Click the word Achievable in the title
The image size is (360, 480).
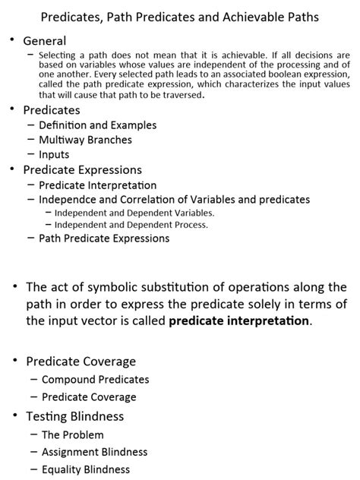(254, 15)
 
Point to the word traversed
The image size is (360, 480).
(180, 96)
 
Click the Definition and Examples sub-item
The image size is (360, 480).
(97, 125)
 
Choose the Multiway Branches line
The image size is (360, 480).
(85, 140)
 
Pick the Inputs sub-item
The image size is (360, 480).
(54, 155)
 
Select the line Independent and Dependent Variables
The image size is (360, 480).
(134, 213)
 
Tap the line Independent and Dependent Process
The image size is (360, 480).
(131, 225)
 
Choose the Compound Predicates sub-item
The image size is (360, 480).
(96, 379)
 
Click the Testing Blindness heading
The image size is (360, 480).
(74, 415)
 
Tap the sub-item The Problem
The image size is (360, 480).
(72, 434)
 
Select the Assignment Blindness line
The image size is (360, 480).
(94, 452)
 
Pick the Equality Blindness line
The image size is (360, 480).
(86, 469)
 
